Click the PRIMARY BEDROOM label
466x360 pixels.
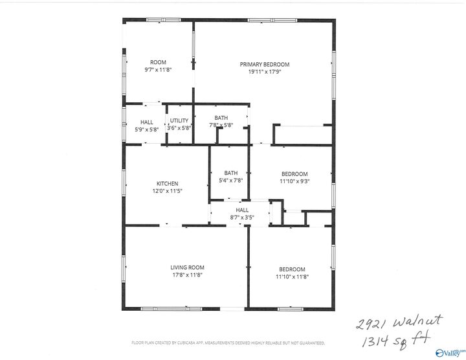[264, 64]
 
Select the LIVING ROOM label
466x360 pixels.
[187, 268]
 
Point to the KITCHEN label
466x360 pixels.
[167, 184]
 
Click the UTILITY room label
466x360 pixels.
[179, 121]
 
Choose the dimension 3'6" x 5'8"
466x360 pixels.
[179, 128]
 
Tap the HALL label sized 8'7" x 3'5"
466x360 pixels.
[242, 210]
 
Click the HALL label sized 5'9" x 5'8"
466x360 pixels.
[147, 122]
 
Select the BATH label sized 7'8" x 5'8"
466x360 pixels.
[221, 118]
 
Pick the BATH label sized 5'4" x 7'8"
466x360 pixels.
[231, 173]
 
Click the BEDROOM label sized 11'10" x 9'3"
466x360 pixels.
[294, 174]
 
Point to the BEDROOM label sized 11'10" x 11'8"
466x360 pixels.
[292, 269]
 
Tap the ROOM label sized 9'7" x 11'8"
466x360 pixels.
[158, 62]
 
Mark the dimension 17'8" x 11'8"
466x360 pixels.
[187, 275]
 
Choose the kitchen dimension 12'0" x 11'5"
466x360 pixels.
[167, 191]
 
